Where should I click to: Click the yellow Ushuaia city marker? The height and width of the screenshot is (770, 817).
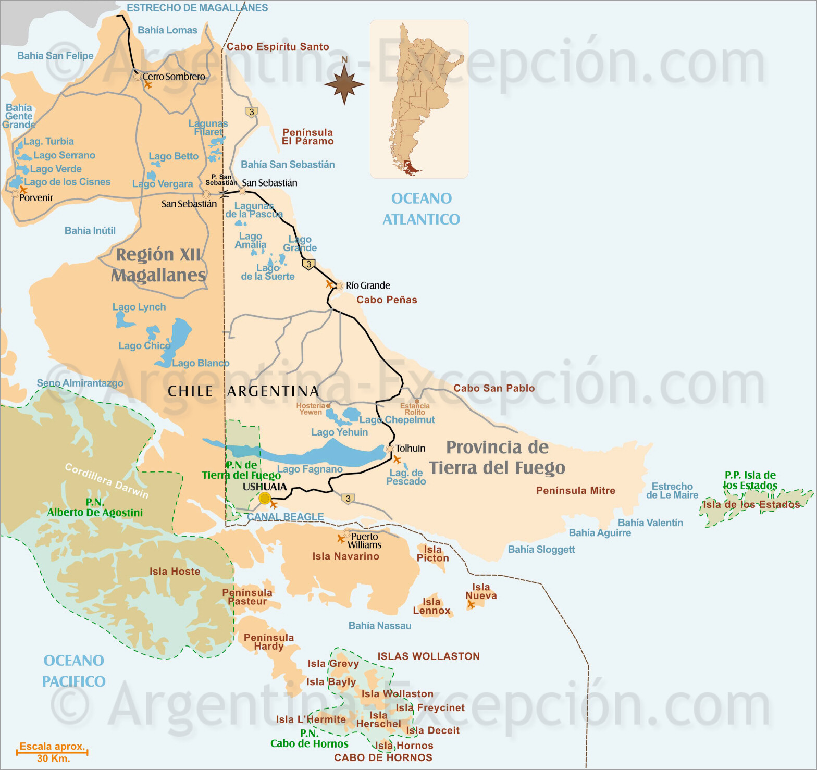(265, 499)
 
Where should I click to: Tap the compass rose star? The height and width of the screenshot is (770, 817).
(344, 84)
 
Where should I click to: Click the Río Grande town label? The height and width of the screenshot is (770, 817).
(368, 285)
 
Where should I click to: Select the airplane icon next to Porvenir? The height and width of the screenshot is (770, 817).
(23, 190)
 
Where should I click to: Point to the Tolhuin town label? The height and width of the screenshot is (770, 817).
(410, 449)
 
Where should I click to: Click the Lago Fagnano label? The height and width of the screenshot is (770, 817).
(310, 469)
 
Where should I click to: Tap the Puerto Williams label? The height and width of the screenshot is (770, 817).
(365, 541)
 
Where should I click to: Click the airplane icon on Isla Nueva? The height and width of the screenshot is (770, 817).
(471, 604)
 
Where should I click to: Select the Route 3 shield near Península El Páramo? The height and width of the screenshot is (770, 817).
(252, 112)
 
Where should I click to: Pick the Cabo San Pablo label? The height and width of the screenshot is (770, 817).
(494, 388)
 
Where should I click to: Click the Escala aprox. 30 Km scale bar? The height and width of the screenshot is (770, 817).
(52, 752)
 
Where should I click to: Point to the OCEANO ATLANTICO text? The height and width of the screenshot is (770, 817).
(422, 209)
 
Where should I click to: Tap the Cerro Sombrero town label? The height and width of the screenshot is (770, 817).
(174, 77)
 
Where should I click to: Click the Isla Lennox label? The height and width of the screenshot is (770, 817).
(431, 606)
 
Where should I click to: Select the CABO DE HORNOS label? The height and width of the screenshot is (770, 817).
(383, 757)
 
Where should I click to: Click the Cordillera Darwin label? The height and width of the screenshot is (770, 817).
(107, 480)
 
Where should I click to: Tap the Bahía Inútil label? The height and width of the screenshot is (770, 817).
(90, 230)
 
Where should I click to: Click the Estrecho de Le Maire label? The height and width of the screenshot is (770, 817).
(672, 491)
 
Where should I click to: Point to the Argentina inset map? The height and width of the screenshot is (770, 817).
(419, 99)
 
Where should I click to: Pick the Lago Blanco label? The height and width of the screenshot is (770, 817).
(201, 363)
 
